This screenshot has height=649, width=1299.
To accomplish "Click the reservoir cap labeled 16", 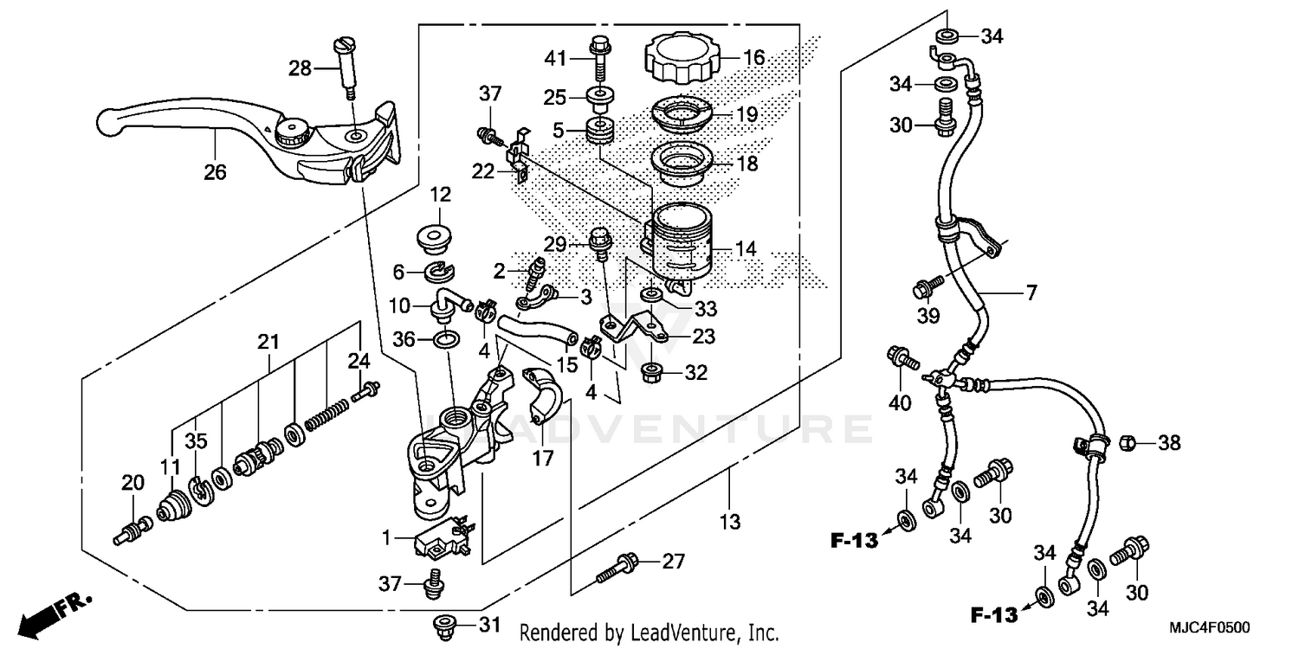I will coord(681,58).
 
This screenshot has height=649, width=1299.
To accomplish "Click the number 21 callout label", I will coord(268,342).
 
